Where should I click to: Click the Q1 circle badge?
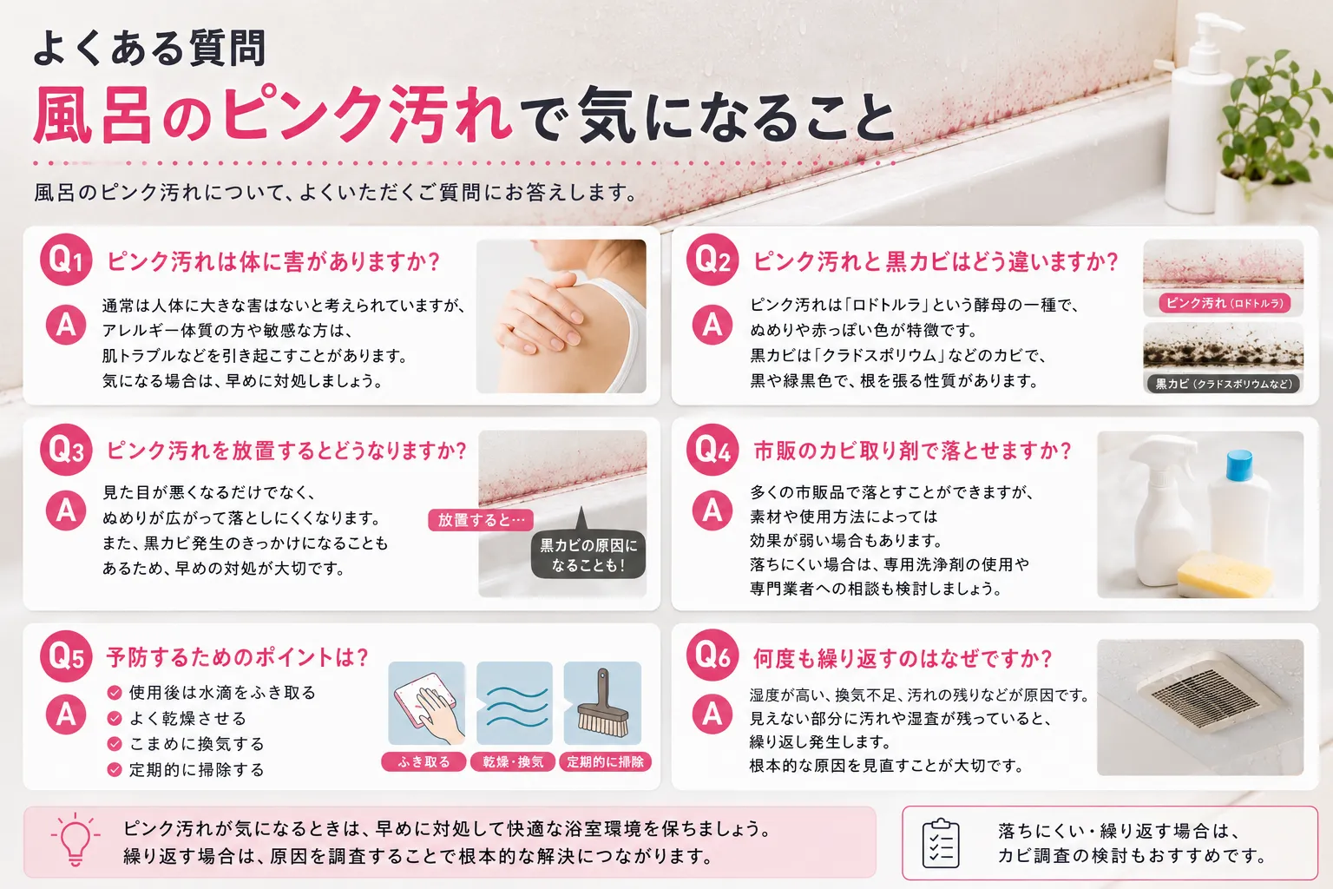click(66, 260)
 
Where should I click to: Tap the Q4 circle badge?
click(712, 449)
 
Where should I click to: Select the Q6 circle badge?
click(712, 655)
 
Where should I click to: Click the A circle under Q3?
click(66, 510)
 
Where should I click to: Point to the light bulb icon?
click(76, 839)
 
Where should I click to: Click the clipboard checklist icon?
click(941, 843)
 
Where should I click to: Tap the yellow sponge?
click(1225, 576)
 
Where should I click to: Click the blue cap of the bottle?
click(1239, 465)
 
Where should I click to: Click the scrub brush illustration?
click(603, 706)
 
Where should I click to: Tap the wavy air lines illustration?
click(515, 706)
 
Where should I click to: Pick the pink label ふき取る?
click(424, 762)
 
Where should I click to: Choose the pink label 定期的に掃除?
click(605, 762)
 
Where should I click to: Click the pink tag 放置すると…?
click(481, 520)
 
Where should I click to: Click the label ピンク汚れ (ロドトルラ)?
click(1225, 303)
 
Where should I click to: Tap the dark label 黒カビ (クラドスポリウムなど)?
click(1225, 384)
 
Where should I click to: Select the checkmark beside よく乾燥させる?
click(115, 719)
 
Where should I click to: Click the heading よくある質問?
click(149, 48)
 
